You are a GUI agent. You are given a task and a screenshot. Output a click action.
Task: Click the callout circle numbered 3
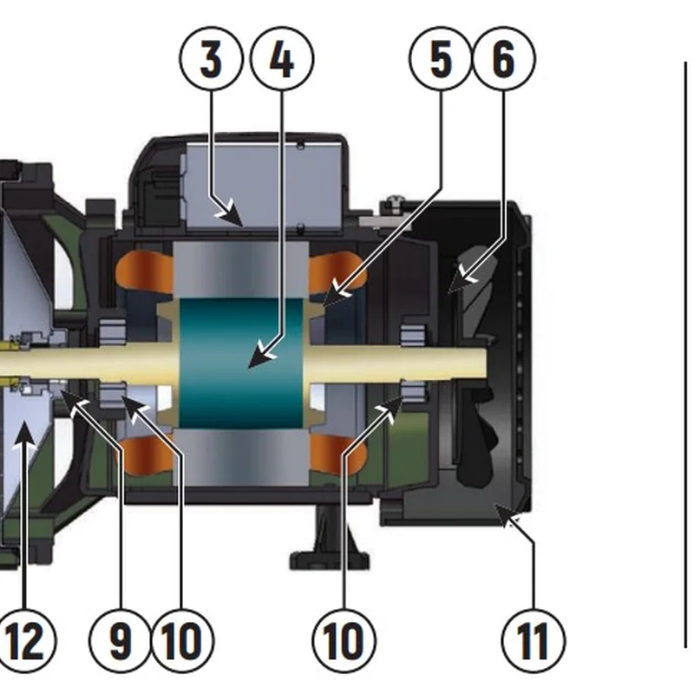point(210,59)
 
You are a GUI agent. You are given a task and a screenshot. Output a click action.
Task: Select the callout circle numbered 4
point(282,59)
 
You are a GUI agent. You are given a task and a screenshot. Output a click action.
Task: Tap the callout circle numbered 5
point(441,59)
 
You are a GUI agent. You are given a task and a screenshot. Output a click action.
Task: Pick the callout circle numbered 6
point(504,59)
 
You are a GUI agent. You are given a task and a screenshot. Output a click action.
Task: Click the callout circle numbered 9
point(121,641)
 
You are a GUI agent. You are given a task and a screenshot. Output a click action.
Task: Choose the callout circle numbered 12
point(24,641)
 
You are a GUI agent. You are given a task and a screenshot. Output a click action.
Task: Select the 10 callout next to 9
point(182,641)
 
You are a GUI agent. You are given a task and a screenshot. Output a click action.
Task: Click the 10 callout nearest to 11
point(344,641)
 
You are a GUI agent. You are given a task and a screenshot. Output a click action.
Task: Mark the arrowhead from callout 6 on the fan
point(464,277)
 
